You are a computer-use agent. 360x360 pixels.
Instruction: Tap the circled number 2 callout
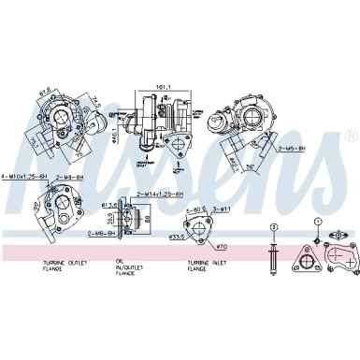274,227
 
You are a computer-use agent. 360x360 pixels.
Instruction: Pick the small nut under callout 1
318,239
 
